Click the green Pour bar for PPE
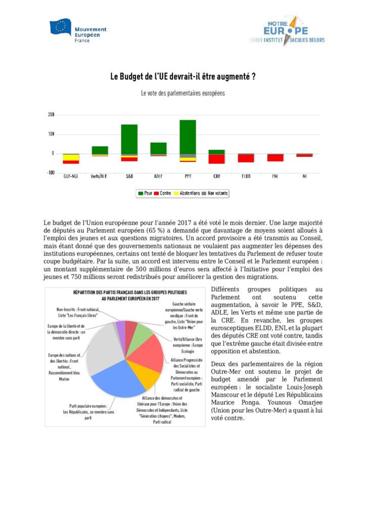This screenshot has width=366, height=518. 188,137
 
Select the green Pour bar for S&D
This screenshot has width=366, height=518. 129,139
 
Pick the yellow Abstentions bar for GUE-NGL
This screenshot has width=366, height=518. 71,158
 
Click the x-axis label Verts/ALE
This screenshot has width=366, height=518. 99,177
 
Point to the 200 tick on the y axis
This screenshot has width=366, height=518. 51,115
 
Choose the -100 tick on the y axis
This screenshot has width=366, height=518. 50,172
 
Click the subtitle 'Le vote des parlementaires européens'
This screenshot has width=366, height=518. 182,94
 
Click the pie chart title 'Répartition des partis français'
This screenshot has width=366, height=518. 123,295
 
